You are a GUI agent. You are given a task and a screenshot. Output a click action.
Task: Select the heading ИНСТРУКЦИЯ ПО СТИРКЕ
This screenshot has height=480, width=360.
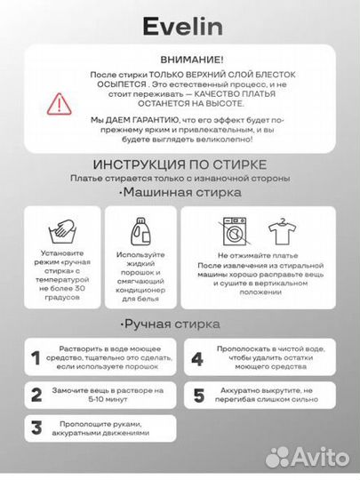pyautogui.click(x=179, y=165)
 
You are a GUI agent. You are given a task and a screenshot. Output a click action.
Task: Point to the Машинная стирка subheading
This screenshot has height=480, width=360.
pyautogui.click(x=170, y=192)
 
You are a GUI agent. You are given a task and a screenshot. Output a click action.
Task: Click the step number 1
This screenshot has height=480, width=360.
pyautogui.click(x=36, y=359)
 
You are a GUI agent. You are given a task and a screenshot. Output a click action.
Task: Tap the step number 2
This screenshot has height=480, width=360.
pyautogui.click(x=36, y=395)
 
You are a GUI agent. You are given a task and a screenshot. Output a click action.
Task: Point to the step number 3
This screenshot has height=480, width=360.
pyautogui.click(x=36, y=428)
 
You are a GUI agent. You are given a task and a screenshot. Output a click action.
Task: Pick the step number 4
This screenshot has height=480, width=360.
pyautogui.click(x=197, y=359)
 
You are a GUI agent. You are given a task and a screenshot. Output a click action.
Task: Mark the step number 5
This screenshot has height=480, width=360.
pyautogui.click(x=197, y=395)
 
